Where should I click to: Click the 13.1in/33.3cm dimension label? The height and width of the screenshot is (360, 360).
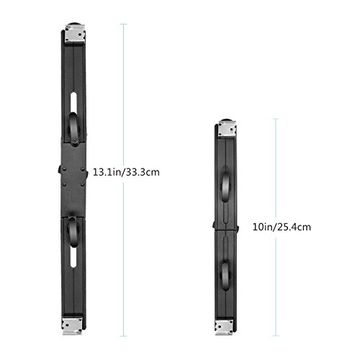(126, 172)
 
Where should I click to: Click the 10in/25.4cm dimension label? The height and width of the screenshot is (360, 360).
(282, 227)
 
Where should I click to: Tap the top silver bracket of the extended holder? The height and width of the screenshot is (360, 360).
(75, 34)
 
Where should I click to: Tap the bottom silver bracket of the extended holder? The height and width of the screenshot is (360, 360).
(72, 326)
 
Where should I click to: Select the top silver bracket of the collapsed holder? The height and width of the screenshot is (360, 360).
(227, 129)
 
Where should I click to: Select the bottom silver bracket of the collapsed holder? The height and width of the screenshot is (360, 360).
(224, 327)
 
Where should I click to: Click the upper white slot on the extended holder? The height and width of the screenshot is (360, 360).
(73, 103)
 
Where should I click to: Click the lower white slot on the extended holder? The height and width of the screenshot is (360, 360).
(73, 257)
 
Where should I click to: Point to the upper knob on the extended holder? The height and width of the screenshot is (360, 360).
(74, 129)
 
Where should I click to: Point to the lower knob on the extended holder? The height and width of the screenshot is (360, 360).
(73, 232)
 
